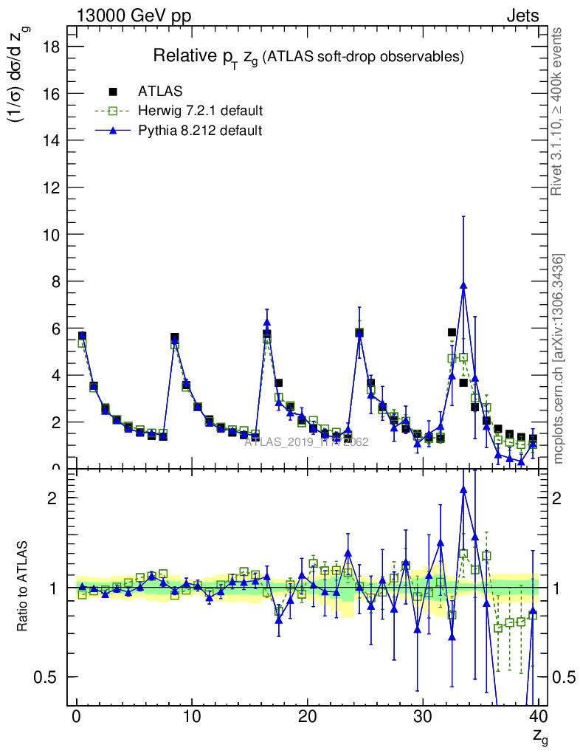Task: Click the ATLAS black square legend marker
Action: click(113, 92)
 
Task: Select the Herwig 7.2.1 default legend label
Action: click(200, 111)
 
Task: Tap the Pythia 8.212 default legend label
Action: click(199, 130)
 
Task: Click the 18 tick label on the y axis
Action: click(58, 47)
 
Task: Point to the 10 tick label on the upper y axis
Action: click(58, 234)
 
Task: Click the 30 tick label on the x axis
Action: click(422, 717)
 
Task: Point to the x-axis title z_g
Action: click(540, 735)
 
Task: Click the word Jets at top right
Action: click(522, 16)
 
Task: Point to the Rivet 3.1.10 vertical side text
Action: click(557, 111)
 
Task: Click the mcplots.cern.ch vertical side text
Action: click(559, 359)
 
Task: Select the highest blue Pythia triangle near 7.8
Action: click(463, 286)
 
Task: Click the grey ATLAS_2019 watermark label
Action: click(306, 442)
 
